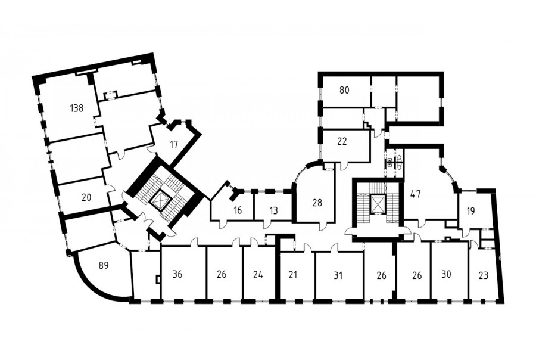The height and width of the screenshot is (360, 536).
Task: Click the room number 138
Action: click(x=77, y=108)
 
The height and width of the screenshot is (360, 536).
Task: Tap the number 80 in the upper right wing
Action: click(x=345, y=91)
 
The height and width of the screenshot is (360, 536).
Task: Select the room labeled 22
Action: click(x=342, y=141)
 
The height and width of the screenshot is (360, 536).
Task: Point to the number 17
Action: click(x=174, y=144)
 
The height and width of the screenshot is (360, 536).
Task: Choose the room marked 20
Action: click(x=87, y=197)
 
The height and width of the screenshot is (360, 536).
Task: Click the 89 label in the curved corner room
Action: click(x=104, y=265)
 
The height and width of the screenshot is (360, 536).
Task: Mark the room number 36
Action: click(x=177, y=274)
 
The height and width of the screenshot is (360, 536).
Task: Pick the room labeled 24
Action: click(x=258, y=275)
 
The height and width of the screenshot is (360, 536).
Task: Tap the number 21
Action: click(x=293, y=275)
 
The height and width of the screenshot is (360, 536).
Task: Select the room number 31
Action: click(x=338, y=275)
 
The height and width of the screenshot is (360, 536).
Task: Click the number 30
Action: click(x=447, y=274)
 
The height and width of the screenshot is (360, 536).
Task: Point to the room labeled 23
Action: click(x=484, y=275)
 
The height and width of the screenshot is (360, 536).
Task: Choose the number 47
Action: click(x=415, y=194)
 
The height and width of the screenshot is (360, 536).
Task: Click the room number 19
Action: click(x=470, y=211)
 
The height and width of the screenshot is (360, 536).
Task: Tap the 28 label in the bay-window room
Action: click(x=317, y=203)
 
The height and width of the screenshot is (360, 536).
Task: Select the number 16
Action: click(x=238, y=210)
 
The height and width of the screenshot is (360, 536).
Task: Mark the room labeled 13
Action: click(x=274, y=210)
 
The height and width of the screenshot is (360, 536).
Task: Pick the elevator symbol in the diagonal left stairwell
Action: click(x=159, y=198)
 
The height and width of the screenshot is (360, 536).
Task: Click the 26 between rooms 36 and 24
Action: click(x=222, y=274)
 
